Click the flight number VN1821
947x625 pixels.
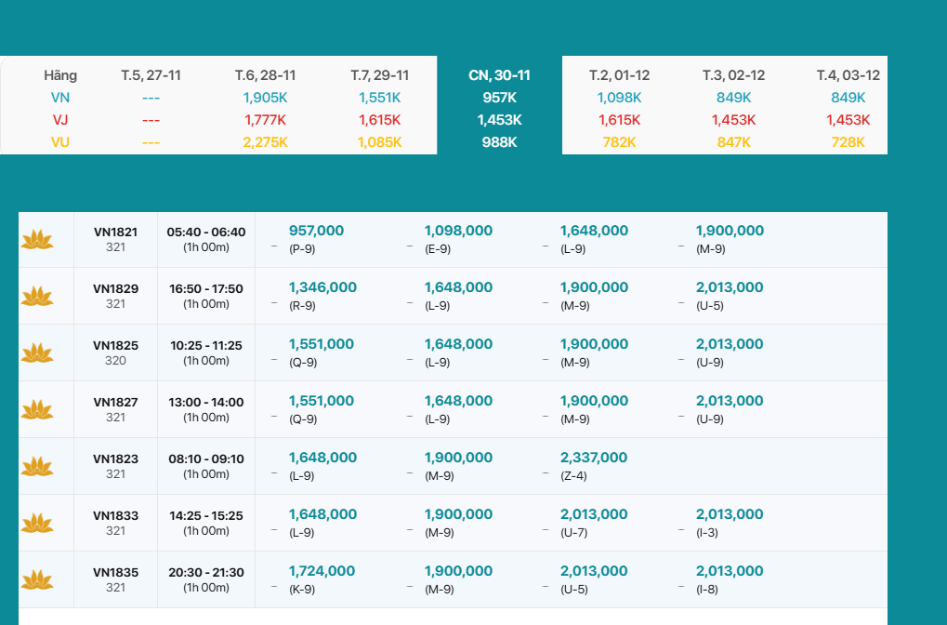tap(115, 232)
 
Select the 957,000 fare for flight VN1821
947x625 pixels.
tap(316, 231)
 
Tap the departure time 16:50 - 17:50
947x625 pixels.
tap(205, 288)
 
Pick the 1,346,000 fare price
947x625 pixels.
tap(322, 287)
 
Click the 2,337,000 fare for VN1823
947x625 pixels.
tap(593, 458)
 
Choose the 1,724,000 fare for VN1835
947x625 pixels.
tap(322, 571)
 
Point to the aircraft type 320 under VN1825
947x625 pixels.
tap(115, 361)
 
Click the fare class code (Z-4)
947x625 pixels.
tap(573, 475)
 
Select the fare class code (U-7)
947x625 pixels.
tap(573, 532)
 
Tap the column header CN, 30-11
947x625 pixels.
tap(499, 75)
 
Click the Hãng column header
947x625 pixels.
tap(60, 75)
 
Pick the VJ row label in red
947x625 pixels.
tap(60, 120)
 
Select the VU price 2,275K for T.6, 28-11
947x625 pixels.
tap(266, 142)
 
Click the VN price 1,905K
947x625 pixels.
tap(266, 98)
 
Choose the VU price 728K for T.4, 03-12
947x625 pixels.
tap(848, 142)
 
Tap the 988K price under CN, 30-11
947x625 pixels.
tap(499, 142)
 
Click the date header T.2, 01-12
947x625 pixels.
tap(619, 75)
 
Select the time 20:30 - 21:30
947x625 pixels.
tap(205, 572)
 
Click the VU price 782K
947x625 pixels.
tap(619, 142)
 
